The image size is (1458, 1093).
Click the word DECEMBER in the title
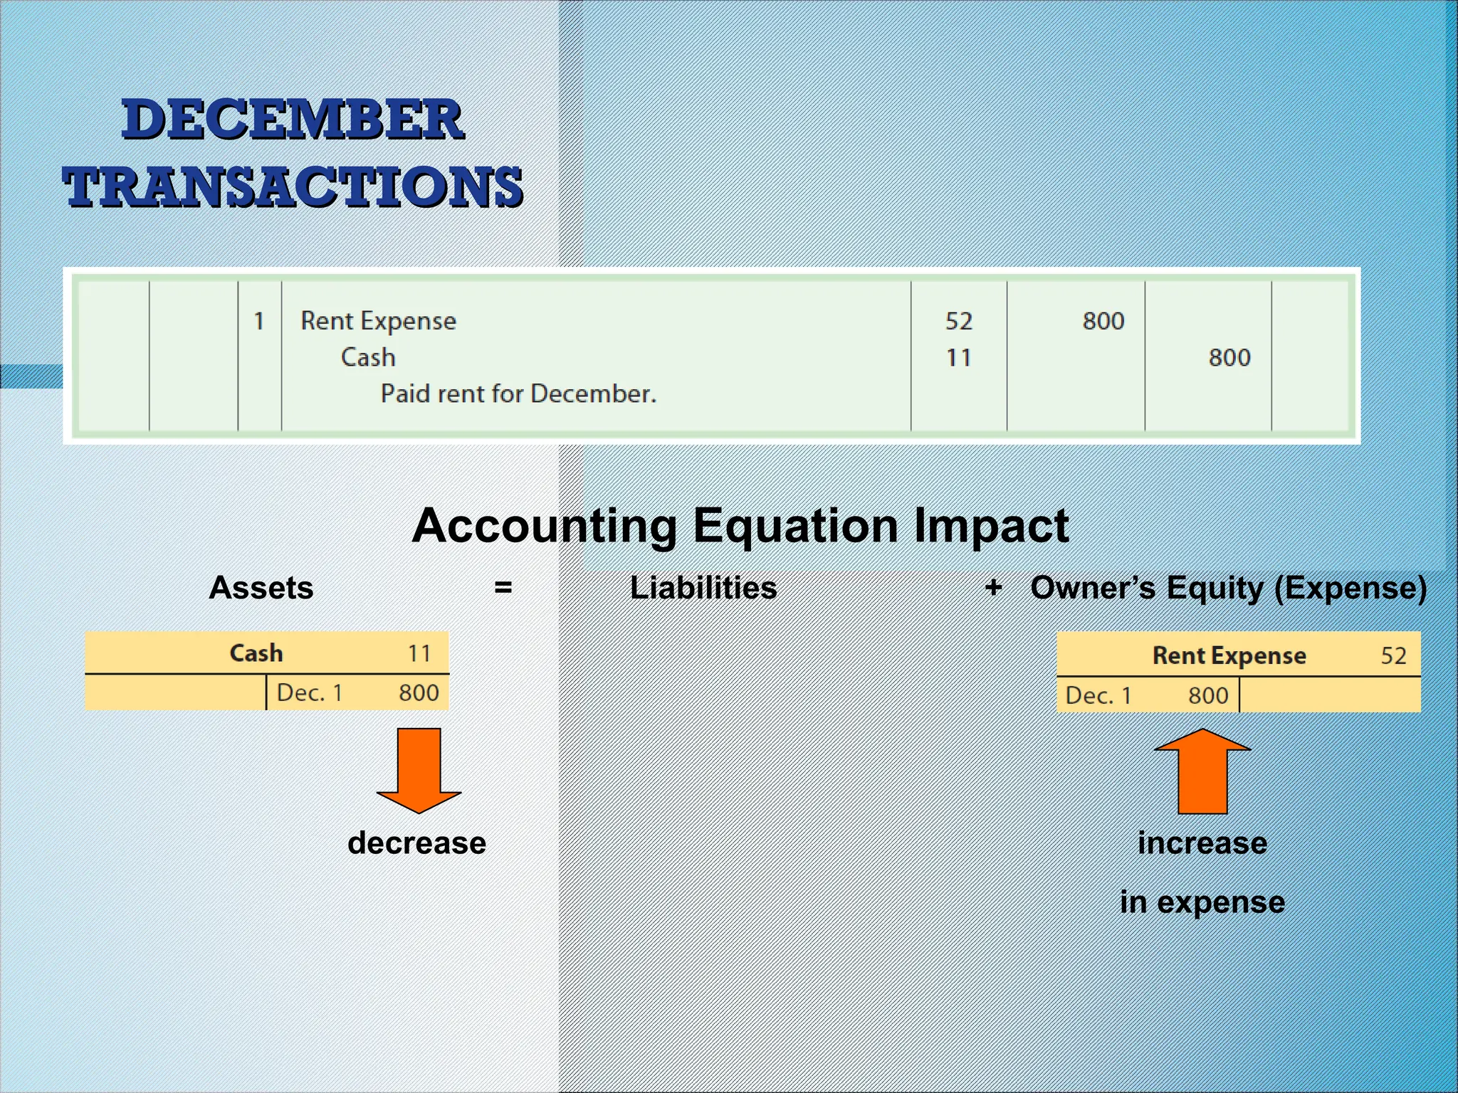pos(293,120)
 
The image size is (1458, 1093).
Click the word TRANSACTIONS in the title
pos(293,186)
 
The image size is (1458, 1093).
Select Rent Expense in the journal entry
pos(378,321)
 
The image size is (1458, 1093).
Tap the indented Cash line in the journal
pos(368,357)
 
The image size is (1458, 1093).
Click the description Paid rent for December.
pos(518,394)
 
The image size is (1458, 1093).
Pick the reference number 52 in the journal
pos(958,321)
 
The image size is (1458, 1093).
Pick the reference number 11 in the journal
pos(958,357)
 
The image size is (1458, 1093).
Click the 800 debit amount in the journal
pos(1103,321)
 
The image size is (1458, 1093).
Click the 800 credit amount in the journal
pos(1229,357)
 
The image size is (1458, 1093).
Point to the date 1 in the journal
pos(259,321)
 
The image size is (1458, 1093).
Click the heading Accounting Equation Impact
pos(740,526)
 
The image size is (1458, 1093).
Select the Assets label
pos(261,588)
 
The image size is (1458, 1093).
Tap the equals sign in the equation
pos(503,588)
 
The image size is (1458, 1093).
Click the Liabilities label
pos(703,588)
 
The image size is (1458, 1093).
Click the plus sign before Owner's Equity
pos(994,588)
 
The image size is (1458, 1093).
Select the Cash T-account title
pos(256,653)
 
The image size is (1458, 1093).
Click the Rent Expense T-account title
pos(1229,655)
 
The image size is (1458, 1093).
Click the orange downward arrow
pos(419,769)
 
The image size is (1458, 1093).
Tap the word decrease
pos(416,843)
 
